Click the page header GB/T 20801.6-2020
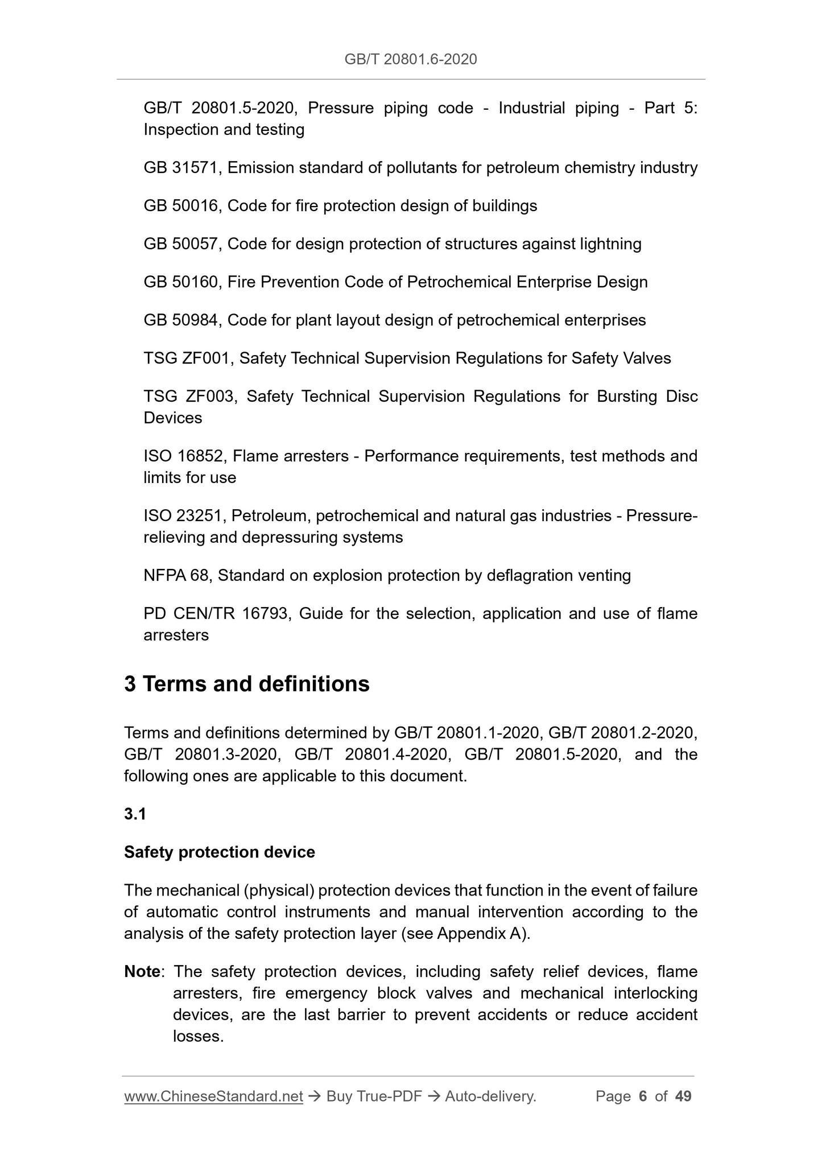[x=411, y=59]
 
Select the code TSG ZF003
[x=189, y=397]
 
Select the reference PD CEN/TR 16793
[x=215, y=614]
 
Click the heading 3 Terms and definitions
[x=247, y=684]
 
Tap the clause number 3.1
[x=135, y=814]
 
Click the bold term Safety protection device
[x=219, y=852]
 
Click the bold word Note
[x=142, y=972]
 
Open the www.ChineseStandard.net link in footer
[x=213, y=1096]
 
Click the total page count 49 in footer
[x=683, y=1096]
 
